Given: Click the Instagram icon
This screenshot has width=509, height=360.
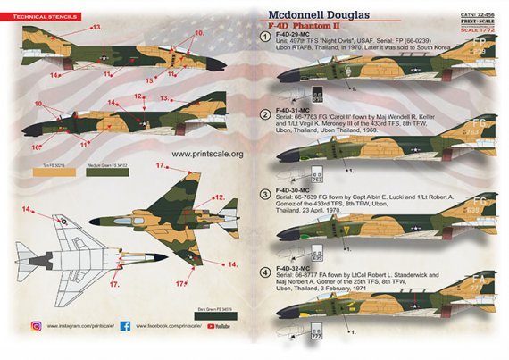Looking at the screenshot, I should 37,327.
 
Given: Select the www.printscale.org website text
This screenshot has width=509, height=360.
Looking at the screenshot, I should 206,155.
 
